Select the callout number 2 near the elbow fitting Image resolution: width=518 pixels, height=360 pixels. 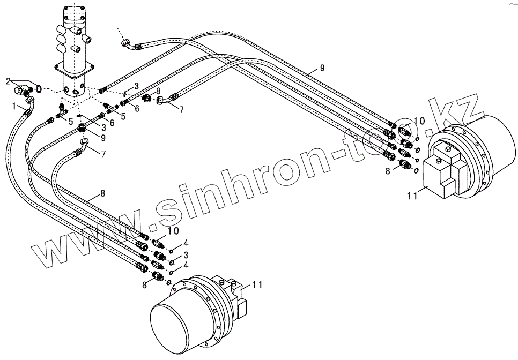coord(8,81)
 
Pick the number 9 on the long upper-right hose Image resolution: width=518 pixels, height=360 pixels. coord(322,67)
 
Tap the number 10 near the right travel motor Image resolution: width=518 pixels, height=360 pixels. coord(419,122)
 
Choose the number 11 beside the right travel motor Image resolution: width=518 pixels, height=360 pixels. coord(411,197)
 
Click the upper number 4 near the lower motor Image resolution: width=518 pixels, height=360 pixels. coord(186,244)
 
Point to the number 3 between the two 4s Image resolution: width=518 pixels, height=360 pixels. coord(186,254)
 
